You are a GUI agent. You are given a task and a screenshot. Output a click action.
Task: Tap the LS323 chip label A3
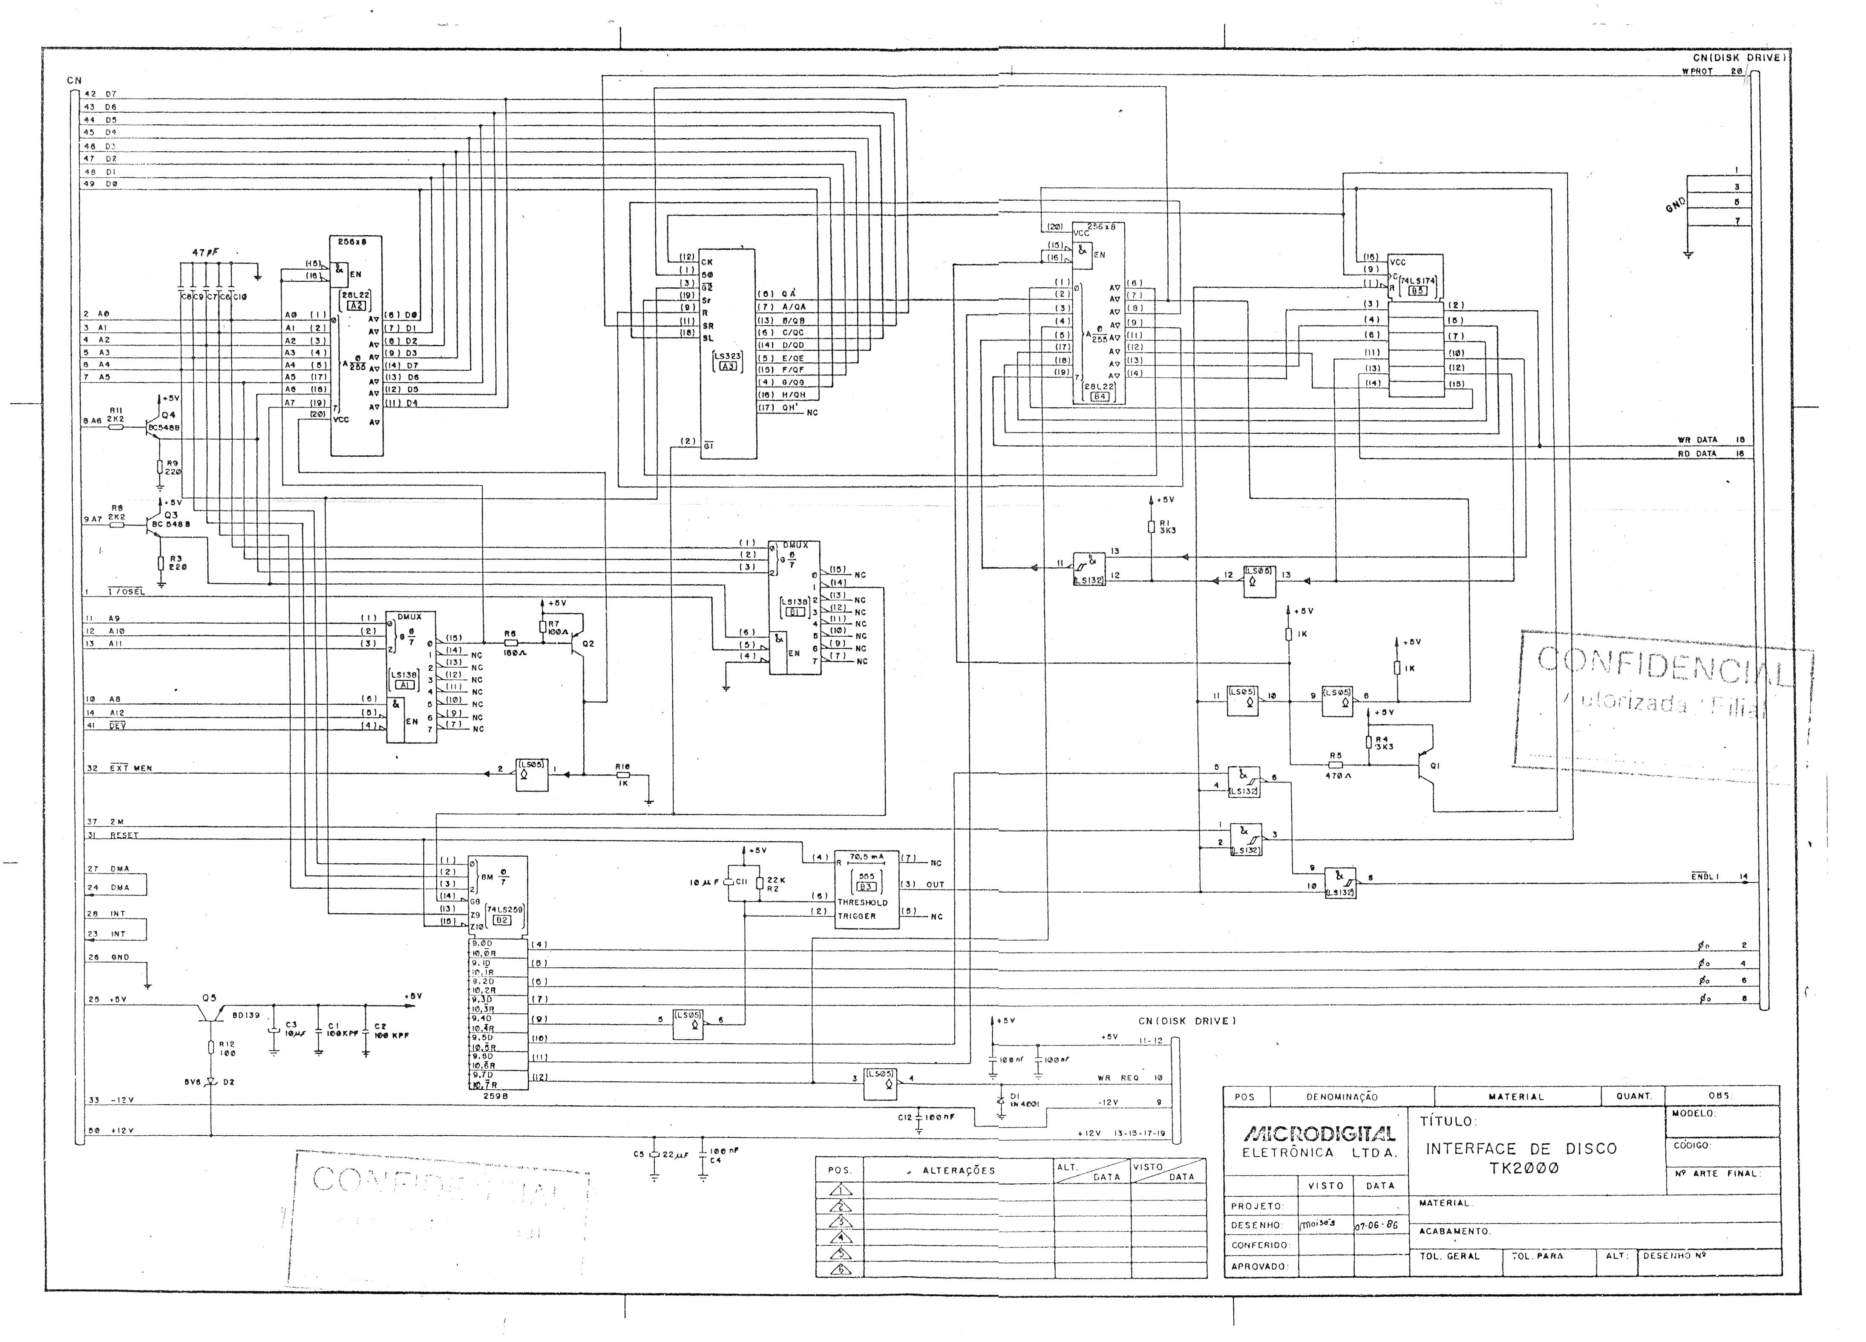[726, 367]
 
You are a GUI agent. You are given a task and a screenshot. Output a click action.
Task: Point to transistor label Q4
[169, 415]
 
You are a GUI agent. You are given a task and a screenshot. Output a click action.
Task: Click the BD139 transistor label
[246, 1016]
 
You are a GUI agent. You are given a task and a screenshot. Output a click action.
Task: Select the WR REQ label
[1117, 1078]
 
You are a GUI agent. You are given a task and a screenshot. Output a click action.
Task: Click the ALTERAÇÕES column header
[959, 1170]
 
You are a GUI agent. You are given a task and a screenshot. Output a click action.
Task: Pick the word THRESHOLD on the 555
[862, 903]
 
